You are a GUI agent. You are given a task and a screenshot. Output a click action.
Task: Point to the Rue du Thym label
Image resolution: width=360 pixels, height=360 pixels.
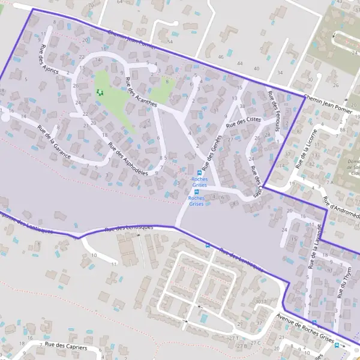tap(343, 280)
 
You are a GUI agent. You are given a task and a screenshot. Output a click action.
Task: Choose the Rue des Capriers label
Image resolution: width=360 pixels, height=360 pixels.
tap(65, 346)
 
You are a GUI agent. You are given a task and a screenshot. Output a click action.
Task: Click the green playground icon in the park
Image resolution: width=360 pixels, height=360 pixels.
tap(99, 92)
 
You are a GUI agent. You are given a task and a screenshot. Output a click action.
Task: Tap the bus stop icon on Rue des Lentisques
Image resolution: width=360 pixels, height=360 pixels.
tap(208, 245)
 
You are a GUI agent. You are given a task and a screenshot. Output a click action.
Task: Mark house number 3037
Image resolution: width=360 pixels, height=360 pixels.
tap(260, 301)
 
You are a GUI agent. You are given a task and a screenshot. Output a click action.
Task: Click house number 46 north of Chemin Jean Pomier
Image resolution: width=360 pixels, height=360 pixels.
tap(221, 56)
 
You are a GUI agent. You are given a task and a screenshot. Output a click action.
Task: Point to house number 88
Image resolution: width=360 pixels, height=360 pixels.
tap(341, 129)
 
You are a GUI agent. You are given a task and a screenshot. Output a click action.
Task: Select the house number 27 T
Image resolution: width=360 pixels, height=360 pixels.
tap(234, 338)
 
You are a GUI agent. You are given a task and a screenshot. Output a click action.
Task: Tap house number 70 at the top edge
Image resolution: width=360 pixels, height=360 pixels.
tap(91, 4)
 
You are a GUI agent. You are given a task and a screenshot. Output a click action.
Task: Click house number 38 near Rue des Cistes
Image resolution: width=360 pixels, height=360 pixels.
tap(242, 106)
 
